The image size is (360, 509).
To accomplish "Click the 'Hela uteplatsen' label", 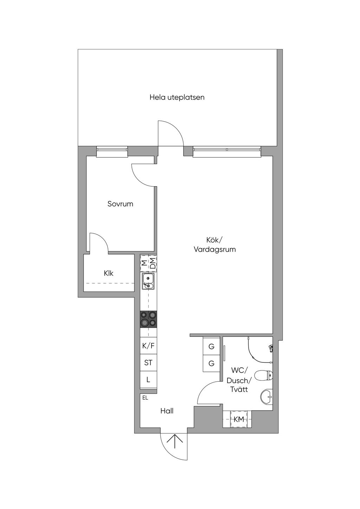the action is click(177, 97).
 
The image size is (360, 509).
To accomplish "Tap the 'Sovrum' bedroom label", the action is click(120, 204).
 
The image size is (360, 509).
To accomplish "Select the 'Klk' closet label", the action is click(108, 273).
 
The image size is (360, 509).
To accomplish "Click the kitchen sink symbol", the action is click(148, 281).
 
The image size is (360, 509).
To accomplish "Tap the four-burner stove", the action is click(148, 319).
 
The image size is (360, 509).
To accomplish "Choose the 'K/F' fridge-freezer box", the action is click(148, 346).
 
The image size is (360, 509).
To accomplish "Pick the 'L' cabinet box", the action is click(148, 380).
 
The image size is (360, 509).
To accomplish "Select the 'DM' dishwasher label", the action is click(153, 263).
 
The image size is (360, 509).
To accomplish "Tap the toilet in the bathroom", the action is click(263, 375).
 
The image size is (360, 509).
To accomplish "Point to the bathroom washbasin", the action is click(266, 397).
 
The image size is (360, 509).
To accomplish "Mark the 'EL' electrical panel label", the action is click(145, 398).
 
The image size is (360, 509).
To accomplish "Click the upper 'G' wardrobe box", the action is click(211, 347).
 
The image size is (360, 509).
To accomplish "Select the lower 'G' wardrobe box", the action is click(211, 363).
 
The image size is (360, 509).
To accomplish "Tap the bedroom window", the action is click(112, 151).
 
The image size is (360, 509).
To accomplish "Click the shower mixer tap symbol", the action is click(271, 348).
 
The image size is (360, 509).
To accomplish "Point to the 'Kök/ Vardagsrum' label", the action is click(215, 245).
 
